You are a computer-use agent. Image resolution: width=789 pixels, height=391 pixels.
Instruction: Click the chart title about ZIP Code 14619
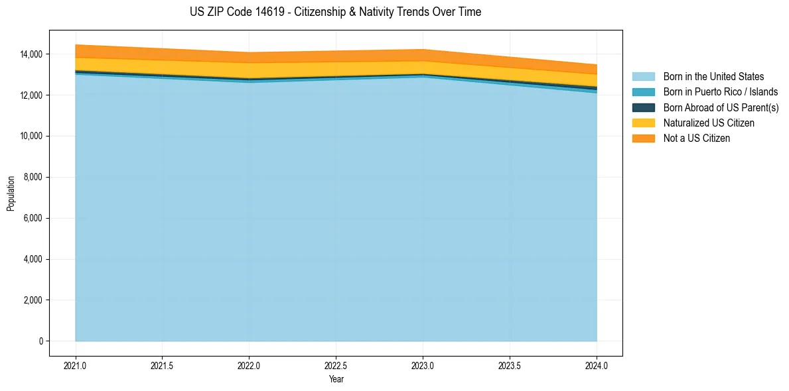pos(335,12)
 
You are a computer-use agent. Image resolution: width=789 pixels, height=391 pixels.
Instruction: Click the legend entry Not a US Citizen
pos(696,138)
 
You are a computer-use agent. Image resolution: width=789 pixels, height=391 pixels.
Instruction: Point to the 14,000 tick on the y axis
pos(31,54)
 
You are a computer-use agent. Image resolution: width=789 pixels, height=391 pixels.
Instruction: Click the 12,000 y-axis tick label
pos(31,95)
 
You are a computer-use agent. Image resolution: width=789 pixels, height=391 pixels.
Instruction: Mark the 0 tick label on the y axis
pos(40,341)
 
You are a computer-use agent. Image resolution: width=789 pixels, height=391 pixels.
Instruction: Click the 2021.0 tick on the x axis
pos(76,365)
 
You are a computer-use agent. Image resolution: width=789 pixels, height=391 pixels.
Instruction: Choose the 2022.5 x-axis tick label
pos(336,365)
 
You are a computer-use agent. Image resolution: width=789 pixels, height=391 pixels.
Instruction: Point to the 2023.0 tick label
pos(423,365)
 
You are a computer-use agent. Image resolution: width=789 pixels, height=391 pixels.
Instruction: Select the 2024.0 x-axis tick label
pos(597,365)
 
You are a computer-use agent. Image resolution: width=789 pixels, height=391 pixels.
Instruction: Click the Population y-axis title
pos(11,194)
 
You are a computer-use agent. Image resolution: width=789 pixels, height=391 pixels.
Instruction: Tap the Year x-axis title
pos(336,380)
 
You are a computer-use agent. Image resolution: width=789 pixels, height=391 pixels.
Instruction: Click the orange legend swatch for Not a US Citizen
pos(643,138)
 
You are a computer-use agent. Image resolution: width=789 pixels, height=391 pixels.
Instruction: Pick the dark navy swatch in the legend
pos(643,107)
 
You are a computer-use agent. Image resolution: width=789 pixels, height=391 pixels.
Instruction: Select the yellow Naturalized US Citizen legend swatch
pos(643,123)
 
